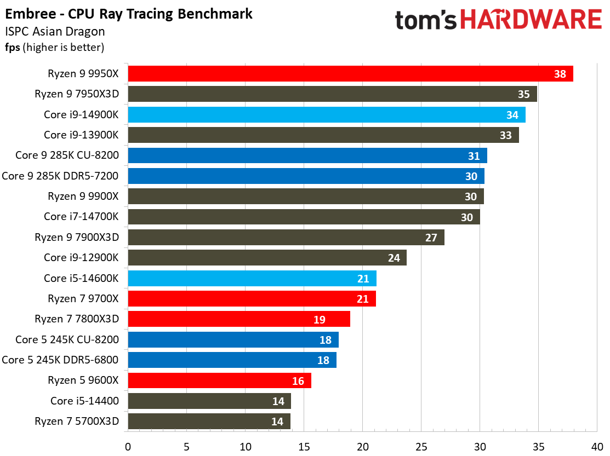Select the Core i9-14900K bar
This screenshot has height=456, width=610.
[326, 115]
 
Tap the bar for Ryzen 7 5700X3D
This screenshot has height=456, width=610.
[209, 422]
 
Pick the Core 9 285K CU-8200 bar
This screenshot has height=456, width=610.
[307, 156]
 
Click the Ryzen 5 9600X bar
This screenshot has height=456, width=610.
[219, 380]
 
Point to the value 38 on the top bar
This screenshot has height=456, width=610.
[560, 74]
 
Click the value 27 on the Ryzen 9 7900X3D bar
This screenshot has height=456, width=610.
[431, 238]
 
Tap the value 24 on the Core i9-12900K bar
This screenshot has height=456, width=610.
[394, 258]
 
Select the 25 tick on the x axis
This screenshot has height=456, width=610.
[421, 447]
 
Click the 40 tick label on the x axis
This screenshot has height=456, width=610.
[597, 447]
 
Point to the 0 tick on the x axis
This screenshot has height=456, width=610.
[128, 447]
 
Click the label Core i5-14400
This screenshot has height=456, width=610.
[84, 401]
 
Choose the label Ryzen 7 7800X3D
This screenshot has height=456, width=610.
[77, 319]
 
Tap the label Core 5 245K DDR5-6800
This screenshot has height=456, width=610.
[60, 360]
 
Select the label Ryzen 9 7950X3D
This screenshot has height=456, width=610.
[77, 94]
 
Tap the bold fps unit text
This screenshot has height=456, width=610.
[13, 48]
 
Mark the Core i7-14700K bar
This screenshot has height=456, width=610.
[304, 217]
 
